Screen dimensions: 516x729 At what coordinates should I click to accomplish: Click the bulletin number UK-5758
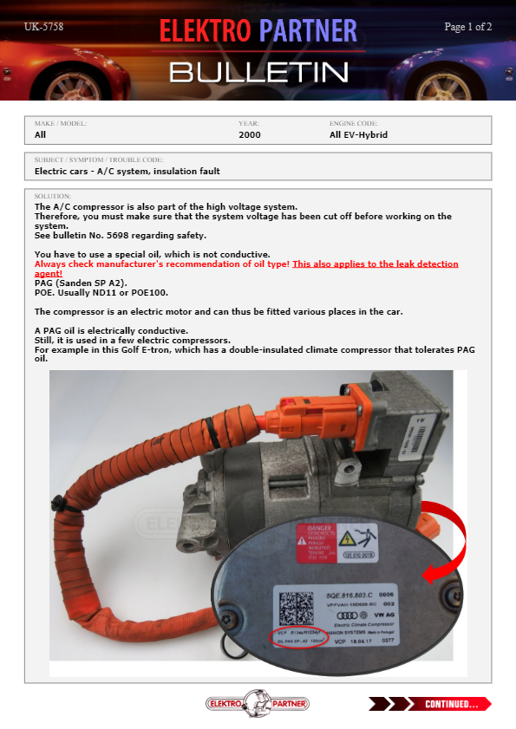pyautogui.click(x=43, y=27)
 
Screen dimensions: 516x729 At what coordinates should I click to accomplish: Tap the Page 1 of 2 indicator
pyautogui.click(x=467, y=27)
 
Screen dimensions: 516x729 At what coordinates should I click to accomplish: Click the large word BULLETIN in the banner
pyautogui.click(x=258, y=71)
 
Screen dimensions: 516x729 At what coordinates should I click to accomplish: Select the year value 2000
pyautogui.click(x=250, y=135)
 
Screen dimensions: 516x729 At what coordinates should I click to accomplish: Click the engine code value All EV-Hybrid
pyautogui.click(x=358, y=135)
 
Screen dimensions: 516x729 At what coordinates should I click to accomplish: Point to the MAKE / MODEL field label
pyautogui.click(x=61, y=124)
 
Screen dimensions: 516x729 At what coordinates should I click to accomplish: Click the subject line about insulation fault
pyautogui.click(x=127, y=172)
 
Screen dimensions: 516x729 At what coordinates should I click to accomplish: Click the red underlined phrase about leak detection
pyautogui.click(x=375, y=264)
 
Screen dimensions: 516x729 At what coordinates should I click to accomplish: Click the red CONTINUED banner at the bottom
pyautogui.click(x=430, y=703)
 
